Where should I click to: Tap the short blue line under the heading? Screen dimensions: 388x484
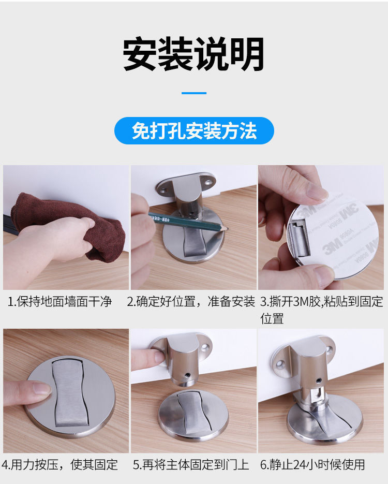point(194,93)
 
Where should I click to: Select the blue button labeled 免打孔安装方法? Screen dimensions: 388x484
point(194,130)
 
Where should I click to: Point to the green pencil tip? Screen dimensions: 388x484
point(227,229)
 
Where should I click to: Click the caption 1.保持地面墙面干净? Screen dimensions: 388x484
point(59,301)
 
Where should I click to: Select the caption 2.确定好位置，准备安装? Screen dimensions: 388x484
point(191,301)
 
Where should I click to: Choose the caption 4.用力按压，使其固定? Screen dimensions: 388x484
point(59,464)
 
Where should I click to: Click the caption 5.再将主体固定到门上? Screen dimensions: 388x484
point(191,464)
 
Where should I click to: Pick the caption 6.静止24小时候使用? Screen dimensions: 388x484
point(312,464)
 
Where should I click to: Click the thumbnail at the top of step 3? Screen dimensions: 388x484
point(315,191)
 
